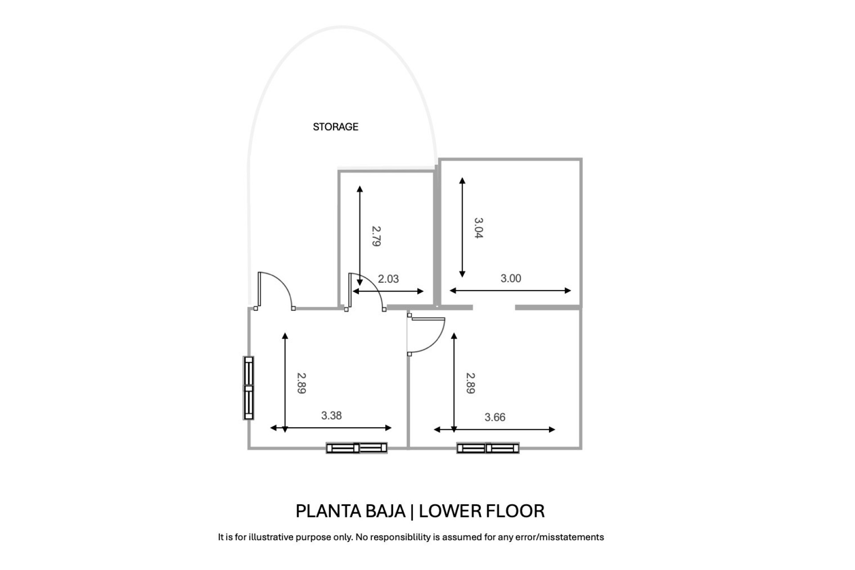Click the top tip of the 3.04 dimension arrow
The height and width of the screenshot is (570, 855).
[x=462, y=178]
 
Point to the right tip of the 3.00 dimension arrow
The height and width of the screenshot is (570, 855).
[x=571, y=291]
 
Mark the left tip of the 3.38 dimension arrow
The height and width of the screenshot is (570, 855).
[x=271, y=428]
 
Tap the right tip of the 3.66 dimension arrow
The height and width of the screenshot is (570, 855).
[x=555, y=430]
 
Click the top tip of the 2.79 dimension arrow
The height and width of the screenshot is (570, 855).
[x=360, y=187]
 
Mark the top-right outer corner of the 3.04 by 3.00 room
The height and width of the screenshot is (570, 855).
[x=582, y=159]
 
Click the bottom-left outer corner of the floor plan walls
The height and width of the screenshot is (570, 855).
[x=248, y=448]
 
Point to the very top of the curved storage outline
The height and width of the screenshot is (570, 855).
[x=342, y=27]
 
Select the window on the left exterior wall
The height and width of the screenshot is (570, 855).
[x=248, y=388]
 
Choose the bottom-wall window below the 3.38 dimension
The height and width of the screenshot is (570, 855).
[x=357, y=448]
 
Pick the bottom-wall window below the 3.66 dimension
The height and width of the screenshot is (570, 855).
[x=488, y=448]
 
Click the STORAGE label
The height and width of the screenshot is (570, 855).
[x=336, y=127]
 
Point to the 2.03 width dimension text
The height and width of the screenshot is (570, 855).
[x=388, y=279]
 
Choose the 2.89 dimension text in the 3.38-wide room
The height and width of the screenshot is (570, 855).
[x=301, y=383]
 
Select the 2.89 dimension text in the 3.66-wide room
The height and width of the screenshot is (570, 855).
[x=471, y=383]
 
